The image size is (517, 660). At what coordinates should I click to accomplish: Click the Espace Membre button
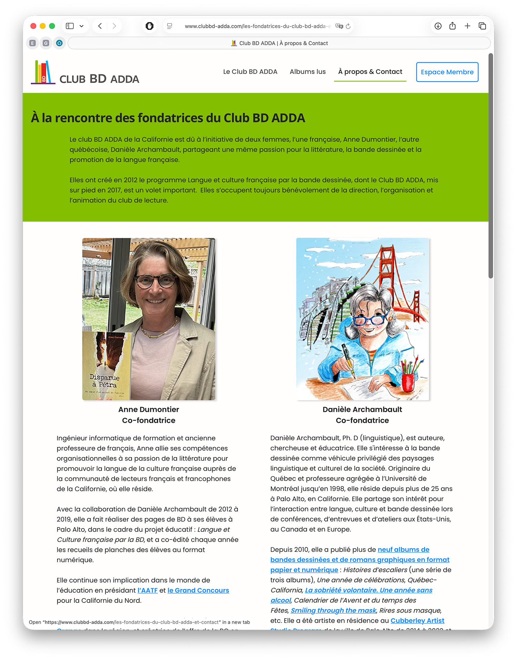(447, 72)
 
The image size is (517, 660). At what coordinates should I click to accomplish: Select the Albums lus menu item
(307, 72)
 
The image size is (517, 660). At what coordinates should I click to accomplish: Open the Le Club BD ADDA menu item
(250, 72)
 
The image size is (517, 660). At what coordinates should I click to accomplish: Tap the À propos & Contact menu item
(370, 72)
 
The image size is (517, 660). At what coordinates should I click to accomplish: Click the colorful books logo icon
(43, 72)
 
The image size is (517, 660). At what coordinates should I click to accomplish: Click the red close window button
(33, 26)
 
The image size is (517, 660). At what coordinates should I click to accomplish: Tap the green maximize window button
(52, 26)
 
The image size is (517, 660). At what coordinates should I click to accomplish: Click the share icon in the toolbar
(453, 26)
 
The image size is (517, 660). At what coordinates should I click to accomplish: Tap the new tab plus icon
(467, 26)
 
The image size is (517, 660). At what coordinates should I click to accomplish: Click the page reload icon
(348, 26)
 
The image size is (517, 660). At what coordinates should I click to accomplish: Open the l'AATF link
(148, 590)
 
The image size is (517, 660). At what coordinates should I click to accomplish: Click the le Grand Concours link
(198, 590)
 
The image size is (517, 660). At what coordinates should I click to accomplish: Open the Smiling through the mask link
(333, 610)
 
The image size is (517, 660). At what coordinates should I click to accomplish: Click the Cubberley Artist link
(417, 620)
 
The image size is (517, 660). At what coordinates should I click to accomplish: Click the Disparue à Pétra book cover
(105, 366)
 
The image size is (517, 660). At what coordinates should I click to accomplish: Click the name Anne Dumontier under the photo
(149, 409)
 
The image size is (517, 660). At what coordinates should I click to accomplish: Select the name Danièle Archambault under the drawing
(362, 409)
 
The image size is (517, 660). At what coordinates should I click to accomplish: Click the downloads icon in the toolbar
(438, 26)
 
